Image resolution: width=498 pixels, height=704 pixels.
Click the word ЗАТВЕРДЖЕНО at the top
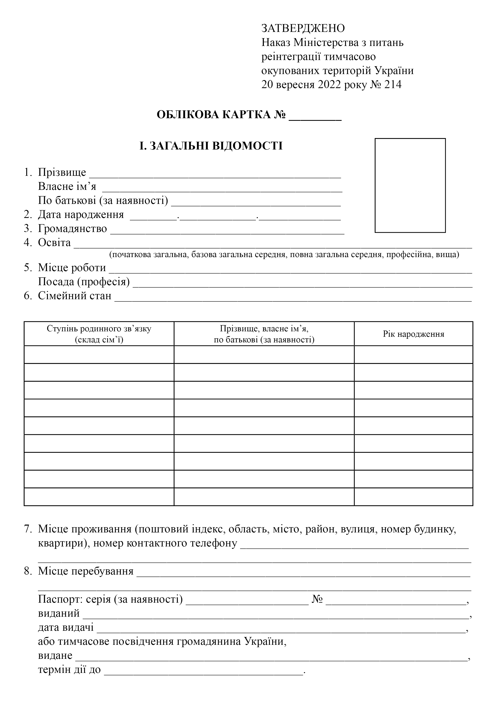pyautogui.click(x=303, y=28)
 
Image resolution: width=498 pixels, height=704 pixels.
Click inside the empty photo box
pyautogui.click(x=410, y=185)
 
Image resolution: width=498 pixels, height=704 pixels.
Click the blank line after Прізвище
pyautogui.click(x=215, y=175)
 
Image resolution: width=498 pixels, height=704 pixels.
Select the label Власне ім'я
pyautogui.click(x=67, y=186)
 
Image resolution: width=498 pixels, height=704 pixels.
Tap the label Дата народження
pyautogui.click(x=81, y=215)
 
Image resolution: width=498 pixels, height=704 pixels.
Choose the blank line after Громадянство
pyautogui.click(x=227, y=231)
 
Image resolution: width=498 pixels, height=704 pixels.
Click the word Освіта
pyautogui.click(x=54, y=243)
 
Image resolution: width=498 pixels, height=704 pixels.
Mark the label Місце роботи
pyautogui.click(x=72, y=268)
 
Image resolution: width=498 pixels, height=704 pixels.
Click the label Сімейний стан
pyautogui.click(x=74, y=296)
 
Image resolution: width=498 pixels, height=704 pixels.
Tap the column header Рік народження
pyautogui.click(x=413, y=334)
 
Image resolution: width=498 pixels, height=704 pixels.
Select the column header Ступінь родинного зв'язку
pyautogui.click(x=99, y=329)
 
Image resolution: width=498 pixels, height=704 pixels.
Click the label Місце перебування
pyautogui.click(x=86, y=571)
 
